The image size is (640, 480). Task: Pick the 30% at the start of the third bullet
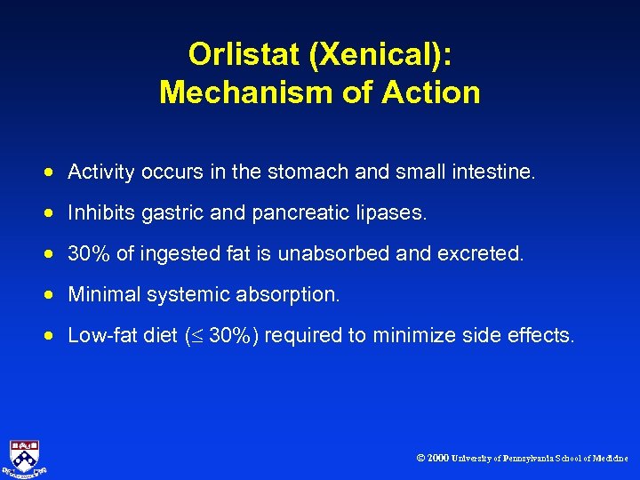point(89,253)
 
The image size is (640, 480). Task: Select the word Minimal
point(100,294)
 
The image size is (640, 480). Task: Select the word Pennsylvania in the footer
point(531,459)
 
